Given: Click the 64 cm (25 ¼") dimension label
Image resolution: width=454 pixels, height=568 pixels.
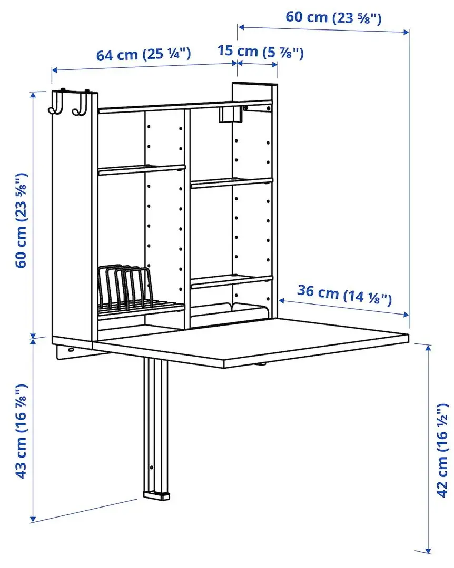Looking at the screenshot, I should coord(143,55).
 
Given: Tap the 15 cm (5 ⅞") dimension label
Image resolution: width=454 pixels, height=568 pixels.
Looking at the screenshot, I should coord(261,52).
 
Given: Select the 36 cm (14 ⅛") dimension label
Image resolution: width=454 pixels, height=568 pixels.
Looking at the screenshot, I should coord(344,295).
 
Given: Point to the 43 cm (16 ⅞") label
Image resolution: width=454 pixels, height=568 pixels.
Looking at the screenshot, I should coord(21,431).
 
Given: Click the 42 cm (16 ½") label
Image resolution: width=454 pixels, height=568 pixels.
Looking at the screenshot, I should coord(441,450).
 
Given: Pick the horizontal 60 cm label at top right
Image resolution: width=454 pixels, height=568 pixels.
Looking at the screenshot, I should coord(333,17).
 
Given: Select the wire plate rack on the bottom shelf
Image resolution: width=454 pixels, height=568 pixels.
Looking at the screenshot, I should coord(126,292).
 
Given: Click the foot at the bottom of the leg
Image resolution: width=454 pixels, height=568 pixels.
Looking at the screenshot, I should coord(156,494).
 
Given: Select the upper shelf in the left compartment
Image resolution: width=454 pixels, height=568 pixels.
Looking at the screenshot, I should coord(141,169).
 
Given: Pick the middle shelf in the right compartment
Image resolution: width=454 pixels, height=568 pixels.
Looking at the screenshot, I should coord(232,182).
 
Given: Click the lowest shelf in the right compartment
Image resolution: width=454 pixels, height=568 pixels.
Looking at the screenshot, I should coord(232,281).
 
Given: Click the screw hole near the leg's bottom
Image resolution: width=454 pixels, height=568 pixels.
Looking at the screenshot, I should coord(152,467).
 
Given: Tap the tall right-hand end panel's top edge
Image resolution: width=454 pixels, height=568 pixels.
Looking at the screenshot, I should coord(255,84).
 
